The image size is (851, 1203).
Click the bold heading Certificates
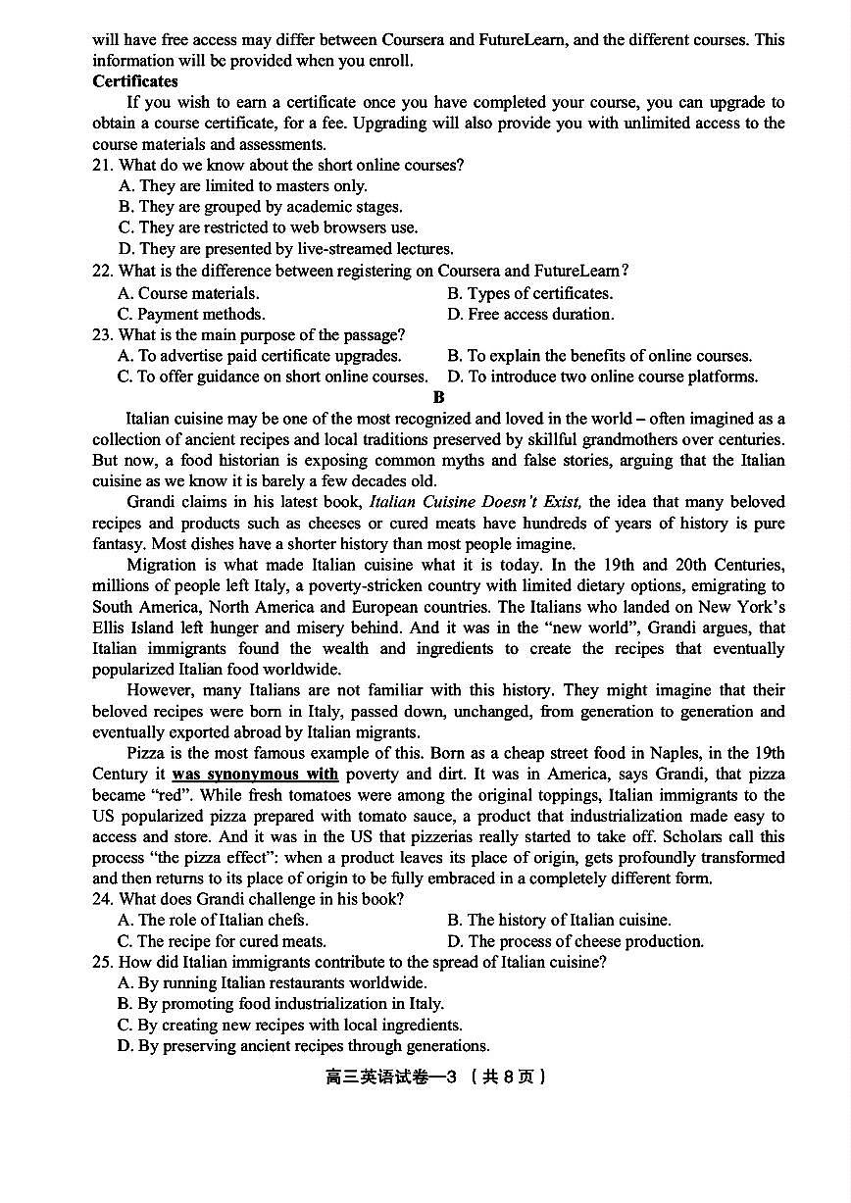pyautogui.click(x=135, y=81)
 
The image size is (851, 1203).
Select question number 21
pyautogui.click(x=102, y=165)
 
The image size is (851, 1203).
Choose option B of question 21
pyautogui.click(x=260, y=207)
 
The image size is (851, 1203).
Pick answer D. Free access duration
pyautogui.click(x=530, y=314)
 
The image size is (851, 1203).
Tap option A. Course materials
pyautogui.click(x=188, y=293)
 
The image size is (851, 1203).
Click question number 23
pyautogui.click(x=102, y=335)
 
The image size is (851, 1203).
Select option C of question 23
pyautogui.click(x=273, y=376)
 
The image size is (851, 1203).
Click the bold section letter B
pyautogui.click(x=438, y=397)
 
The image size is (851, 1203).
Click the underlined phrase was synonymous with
pyautogui.click(x=255, y=775)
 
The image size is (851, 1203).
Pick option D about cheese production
pyautogui.click(x=576, y=941)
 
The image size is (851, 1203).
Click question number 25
pyautogui.click(x=102, y=962)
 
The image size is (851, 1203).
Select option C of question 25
pyautogui.click(x=289, y=1025)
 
